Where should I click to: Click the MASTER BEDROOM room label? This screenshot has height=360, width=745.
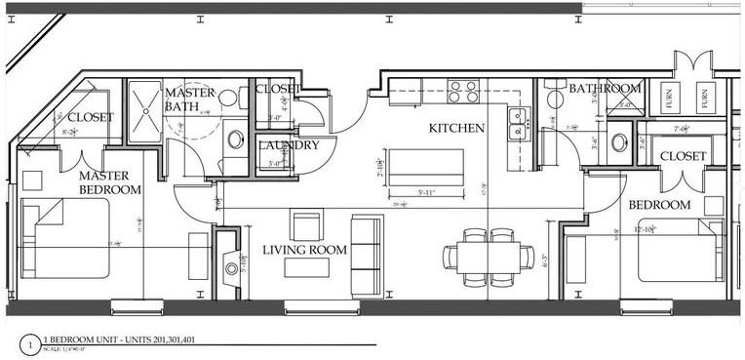coord(109,181)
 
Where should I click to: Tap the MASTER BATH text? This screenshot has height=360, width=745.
coord(190,99)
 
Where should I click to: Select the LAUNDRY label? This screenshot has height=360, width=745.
coord(289,145)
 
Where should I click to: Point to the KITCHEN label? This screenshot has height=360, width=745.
coord(457,128)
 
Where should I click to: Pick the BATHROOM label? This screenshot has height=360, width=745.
coord(606,89)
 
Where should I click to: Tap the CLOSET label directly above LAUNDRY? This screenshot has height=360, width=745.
coord(276,89)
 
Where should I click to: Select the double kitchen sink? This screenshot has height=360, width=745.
coord(517,121)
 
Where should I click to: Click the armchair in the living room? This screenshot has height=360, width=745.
coord(305,228)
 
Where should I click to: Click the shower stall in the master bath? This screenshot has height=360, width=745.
coord(145,112)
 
